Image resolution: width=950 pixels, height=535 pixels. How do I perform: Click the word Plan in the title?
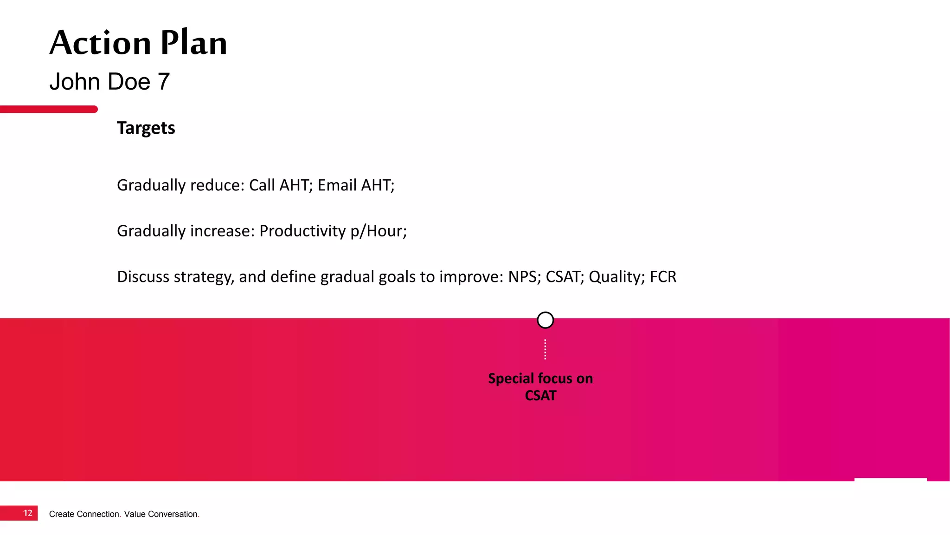[x=194, y=43]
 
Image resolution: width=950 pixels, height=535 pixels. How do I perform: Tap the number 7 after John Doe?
[x=164, y=82]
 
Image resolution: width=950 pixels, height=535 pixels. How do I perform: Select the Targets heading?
[x=146, y=128]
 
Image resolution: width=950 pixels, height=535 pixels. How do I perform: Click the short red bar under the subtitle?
[x=49, y=109]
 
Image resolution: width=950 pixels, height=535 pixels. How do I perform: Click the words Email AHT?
[x=355, y=185]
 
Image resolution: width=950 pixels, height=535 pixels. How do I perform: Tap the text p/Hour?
[x=378, y=231]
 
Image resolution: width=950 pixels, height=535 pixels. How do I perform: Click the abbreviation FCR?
[x=663, y=277]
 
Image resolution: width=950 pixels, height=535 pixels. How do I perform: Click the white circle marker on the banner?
[x=545, y=320]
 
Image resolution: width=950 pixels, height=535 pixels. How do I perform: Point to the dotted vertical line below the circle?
[x=545, y=349]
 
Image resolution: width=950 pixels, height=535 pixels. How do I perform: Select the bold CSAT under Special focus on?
[x=540, y=396]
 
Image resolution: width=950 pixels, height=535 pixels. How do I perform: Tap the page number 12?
[x=28, y=513]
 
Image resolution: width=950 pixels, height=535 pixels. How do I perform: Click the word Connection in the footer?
[x=98, y=514]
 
